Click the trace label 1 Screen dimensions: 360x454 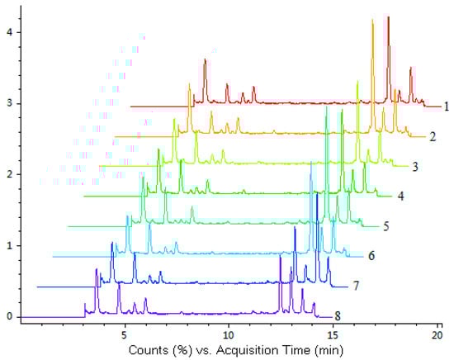tap(446, 106)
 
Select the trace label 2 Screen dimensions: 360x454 tap(433, 135)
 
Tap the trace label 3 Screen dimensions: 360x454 tap(417, 166)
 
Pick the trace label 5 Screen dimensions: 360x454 tap(386, 225)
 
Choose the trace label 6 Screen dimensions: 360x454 tap(371, 255)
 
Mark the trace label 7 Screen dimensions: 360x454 tap(356, 286)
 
